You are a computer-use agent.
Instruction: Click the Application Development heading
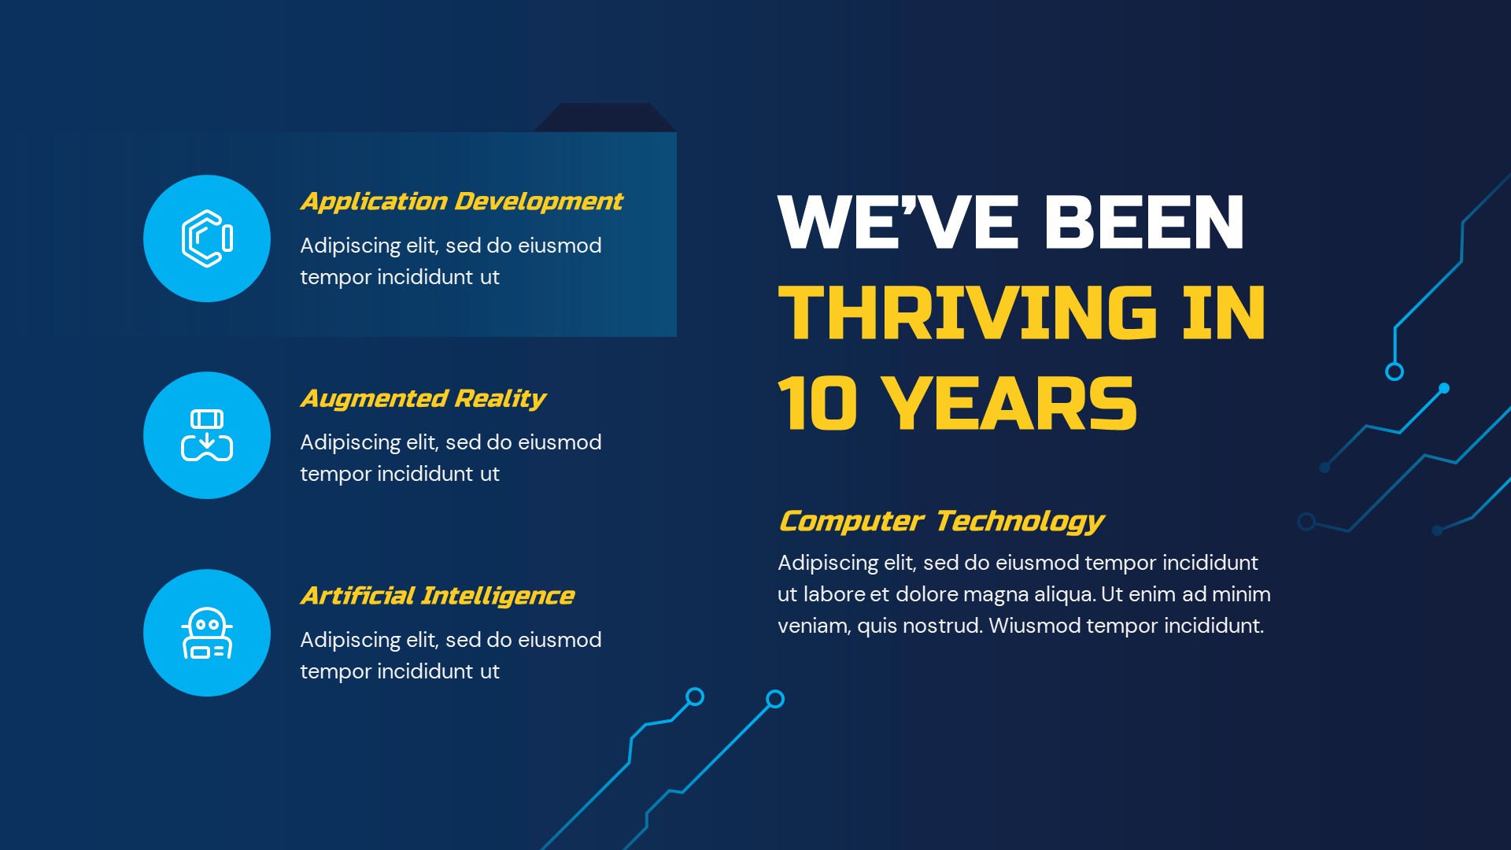(461, 202)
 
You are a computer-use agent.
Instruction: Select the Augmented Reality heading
(423, 399)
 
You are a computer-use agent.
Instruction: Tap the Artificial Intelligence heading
(438, 596)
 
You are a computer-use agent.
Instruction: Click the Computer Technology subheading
(941, 521)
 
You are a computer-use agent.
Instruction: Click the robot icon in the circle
(207, 633)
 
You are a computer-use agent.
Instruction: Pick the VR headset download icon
(207, 435)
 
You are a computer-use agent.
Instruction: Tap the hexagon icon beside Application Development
(207, 238)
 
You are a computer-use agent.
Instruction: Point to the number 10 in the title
(817, 404)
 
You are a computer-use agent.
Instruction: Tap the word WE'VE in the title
(898, 223)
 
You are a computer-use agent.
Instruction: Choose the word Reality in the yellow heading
(501, 399)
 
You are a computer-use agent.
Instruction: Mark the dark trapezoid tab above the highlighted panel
(605, 117)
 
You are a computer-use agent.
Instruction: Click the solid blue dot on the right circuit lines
(1444, 388)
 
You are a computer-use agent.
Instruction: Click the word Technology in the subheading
(1020, 521)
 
